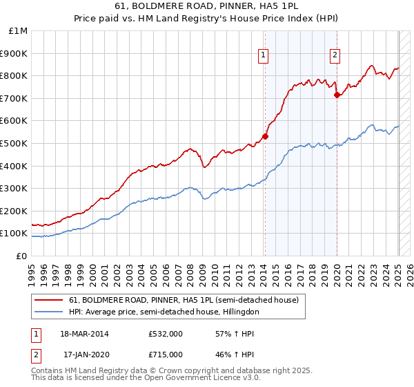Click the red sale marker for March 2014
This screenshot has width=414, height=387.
coord(265,136)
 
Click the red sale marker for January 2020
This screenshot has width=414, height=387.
coord(337,95)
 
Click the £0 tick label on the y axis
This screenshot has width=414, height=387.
coord(22,256)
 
